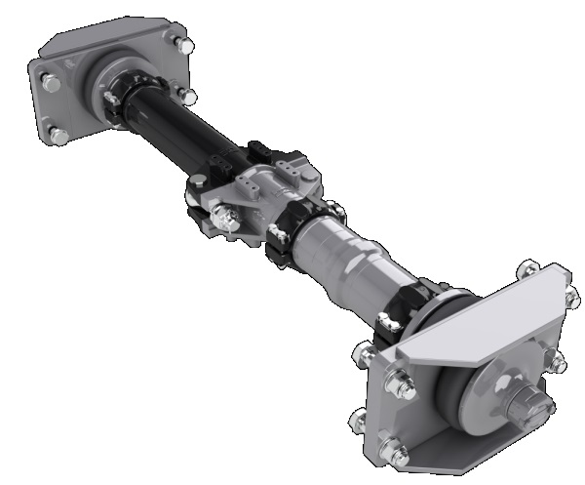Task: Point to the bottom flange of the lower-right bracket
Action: [458, 459]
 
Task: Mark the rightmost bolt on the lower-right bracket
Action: [559, 364]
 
